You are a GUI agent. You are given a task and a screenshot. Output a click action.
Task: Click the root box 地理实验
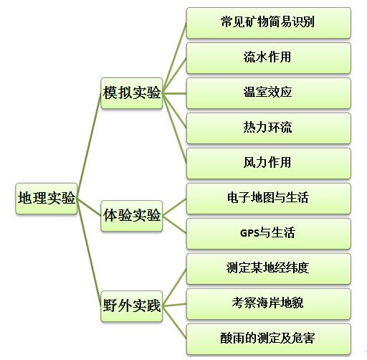click(47, 199)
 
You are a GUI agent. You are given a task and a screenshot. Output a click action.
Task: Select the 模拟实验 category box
click(132, 93)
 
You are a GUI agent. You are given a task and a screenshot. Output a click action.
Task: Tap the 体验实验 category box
click(132, 216)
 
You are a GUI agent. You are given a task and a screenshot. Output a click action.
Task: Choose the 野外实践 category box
click(132, 306)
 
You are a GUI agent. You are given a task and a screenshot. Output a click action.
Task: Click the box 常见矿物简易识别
click(269, 23)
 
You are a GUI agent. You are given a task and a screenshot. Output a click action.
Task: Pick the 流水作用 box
click(269, 58)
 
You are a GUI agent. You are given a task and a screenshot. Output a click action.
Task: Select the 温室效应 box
click(269, 93)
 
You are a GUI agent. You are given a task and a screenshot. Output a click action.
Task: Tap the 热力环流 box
click(269, 128)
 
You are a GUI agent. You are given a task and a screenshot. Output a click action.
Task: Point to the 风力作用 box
click(269, 164)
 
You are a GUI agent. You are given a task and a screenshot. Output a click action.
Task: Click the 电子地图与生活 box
click(269, 199)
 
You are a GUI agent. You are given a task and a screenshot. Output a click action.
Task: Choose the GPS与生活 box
click(269, 234)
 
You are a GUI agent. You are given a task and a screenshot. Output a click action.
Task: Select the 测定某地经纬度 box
click(269, 269)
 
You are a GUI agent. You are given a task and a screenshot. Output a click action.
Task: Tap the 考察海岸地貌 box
click(269, 304)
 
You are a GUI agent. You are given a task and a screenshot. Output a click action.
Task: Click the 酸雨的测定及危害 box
click(269, 339)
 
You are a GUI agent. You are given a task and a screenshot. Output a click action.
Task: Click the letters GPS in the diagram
click(249, 233)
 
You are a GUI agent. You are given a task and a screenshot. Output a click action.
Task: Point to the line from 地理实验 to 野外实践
click(89, 252)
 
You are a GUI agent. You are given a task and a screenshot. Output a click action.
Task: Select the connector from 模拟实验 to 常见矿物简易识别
click(174, 58)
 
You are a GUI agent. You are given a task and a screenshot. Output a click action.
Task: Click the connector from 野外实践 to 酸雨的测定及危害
click(174, 323)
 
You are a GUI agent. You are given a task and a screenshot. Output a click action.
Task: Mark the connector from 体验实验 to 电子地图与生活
click(174, 207)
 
